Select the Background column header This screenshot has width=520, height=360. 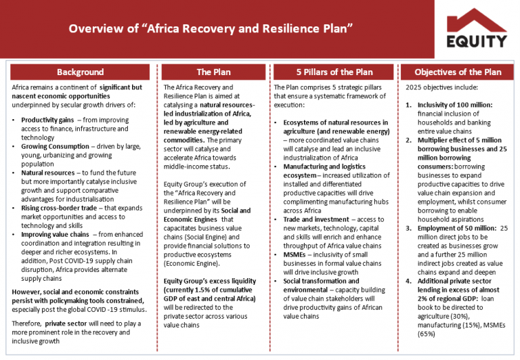[x=80, y=72]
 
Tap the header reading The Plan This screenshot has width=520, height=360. [x=213, y=72]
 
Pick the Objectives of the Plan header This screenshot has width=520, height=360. [x=458, y=72]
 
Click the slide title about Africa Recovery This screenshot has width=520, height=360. [x=212, y=29]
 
